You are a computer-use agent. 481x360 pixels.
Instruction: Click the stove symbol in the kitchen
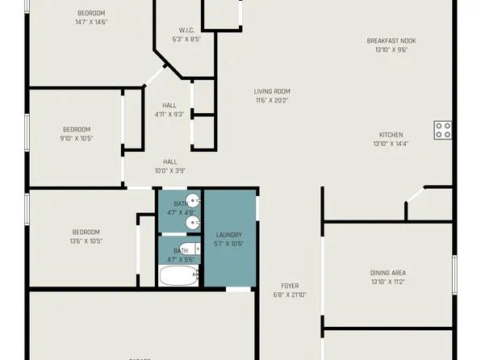[443, 130]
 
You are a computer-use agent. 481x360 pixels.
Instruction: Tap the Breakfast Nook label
[391, 40]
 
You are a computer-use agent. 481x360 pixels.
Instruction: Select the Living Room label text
[272, 91]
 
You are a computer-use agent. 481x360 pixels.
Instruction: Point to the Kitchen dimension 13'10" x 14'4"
[391, 144]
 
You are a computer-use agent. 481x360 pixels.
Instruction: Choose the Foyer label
[290, 286]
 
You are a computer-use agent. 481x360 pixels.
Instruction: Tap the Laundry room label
[228, 235]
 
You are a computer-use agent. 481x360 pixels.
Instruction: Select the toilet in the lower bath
[188, 249]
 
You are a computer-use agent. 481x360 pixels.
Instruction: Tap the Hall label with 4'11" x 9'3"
[169, 114]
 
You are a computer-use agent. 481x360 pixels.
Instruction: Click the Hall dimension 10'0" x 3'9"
[169, 170]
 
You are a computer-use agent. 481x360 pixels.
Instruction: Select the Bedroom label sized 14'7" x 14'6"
[91, 22]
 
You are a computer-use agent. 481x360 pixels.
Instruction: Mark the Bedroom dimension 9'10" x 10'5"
[77, 138]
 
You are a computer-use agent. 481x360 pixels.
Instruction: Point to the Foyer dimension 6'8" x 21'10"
[290, 295]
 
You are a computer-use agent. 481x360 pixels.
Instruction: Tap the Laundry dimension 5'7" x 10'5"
[228, 244]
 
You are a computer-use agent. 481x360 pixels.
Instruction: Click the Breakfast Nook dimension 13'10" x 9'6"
[391, 49]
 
